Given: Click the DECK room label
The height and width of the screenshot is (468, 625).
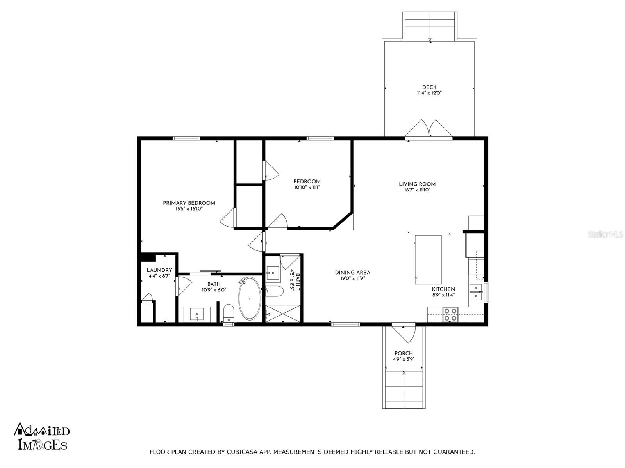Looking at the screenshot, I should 429,87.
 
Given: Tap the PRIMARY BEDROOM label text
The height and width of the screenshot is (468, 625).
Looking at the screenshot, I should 189,203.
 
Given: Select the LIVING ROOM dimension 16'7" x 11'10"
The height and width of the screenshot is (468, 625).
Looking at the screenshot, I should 417,190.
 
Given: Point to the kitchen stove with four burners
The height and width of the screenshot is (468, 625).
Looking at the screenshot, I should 450,314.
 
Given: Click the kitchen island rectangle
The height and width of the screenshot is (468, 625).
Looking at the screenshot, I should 428,259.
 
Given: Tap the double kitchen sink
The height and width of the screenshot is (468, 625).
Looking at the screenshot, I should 476,292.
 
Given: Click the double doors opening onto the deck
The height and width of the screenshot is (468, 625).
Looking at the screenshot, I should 429,129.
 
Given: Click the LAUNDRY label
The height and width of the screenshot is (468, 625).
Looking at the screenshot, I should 159,270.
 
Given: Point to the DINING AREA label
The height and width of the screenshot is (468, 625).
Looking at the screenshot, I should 352,273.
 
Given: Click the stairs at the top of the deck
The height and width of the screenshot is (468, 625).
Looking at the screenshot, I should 430,26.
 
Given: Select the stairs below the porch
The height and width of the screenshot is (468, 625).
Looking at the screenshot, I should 404,389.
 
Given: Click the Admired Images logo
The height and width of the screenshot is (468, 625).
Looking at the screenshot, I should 42,436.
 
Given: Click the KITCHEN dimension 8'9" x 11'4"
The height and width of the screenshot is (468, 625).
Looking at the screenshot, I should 443,295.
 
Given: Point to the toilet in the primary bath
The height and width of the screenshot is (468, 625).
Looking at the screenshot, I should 229,312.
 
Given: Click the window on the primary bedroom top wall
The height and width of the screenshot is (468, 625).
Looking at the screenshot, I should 186,138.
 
